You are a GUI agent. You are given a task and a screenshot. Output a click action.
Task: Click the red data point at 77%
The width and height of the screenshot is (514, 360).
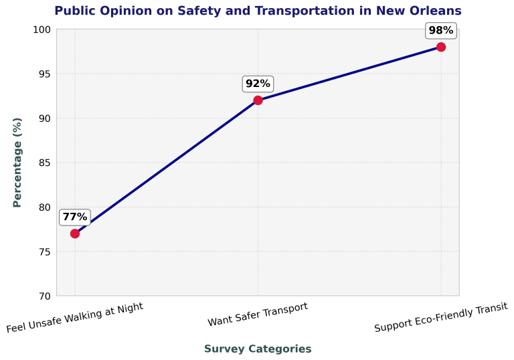click(75, 234)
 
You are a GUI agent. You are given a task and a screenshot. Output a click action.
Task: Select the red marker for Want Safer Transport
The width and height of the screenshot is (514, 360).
click(258, 100)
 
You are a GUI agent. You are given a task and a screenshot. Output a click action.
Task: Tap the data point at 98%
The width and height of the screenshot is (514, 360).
click(441, 47)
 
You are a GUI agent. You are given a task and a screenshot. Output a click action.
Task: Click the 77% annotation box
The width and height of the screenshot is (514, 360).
click(75, 217)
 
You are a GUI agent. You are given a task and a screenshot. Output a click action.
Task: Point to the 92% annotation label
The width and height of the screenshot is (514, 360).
click(258, 84)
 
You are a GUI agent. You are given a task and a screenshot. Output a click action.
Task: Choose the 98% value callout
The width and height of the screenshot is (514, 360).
click(441, 30)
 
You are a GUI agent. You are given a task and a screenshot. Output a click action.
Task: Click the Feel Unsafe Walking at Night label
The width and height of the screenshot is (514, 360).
click(75, 318)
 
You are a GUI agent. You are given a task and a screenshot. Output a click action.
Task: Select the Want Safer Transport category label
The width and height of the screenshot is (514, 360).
click(258, 314)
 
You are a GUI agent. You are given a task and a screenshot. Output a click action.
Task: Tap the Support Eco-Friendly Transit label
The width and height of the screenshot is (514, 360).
click(441, 317)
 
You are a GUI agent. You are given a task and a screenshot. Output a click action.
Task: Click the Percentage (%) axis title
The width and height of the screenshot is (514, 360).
click(18, 163)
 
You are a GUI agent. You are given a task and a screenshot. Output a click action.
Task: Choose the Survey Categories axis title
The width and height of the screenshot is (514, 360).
click(258, 349)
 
